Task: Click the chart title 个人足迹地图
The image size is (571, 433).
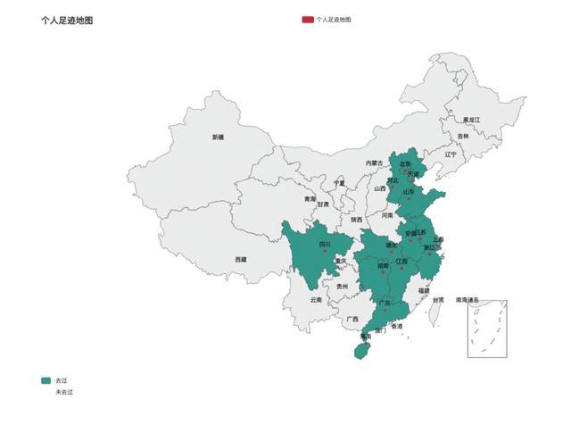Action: tap(67, 19)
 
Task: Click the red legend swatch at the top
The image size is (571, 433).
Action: tap(308, 19)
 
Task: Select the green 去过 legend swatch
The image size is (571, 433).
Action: tap(46, 380)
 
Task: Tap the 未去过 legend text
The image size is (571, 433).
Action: tap(63, 392)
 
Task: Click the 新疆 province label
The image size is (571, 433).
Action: tap(218, 137)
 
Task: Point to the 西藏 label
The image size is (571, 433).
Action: tap(241, 259)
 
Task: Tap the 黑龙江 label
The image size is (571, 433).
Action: tap(471, 120)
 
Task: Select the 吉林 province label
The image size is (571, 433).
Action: tap(463, 137)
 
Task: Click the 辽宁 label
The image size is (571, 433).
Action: tap(451, 154)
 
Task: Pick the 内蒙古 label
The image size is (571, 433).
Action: tap(374, 163)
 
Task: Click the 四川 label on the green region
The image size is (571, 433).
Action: tap(325, 244)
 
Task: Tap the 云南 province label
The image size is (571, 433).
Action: tap(316, 300)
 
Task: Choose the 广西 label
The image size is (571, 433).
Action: tap(352, 319)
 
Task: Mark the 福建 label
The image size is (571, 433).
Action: tap(424, 290)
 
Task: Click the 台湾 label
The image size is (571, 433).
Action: tap(437, 300)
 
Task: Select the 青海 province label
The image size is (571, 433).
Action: tap(310, 199)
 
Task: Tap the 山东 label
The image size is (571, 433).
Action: tap(408, 191)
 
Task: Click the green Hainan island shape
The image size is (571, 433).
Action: tap(360, 352)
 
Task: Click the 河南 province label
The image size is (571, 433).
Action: tap(387, 215)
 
